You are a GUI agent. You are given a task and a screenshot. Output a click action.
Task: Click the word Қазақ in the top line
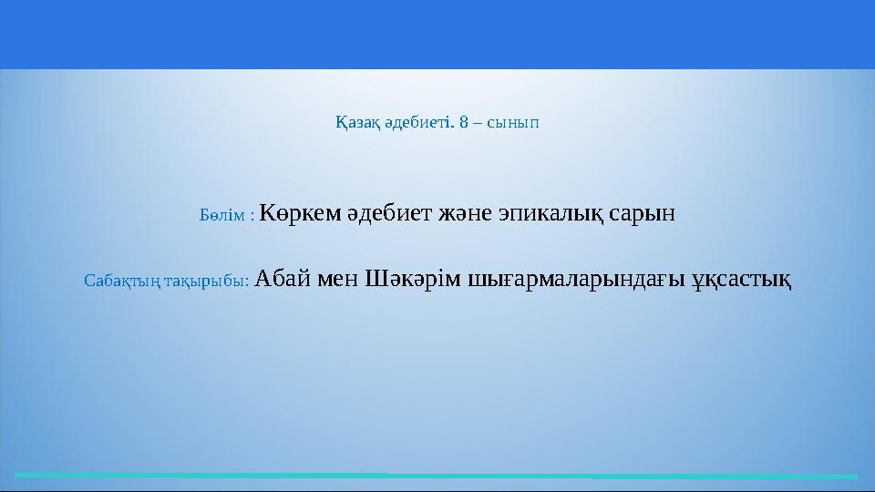point(355,122)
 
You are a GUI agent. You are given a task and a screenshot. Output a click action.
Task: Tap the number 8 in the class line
point(465,122)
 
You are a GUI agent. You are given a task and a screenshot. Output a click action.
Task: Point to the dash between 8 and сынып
point(478,122)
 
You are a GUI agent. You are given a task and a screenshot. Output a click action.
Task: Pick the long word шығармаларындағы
point(575,280)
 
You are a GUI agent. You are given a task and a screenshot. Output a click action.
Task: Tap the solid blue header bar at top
point(437,34)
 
